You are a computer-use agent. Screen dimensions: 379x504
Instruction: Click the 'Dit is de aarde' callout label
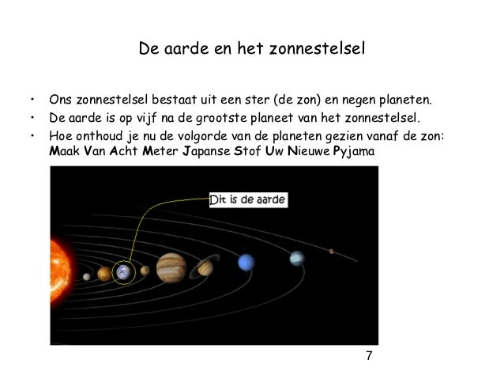[x=247, y=201]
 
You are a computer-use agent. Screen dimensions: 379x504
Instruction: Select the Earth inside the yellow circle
[x=124, y=273]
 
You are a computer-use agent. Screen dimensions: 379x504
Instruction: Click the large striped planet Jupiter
[x=170, y=267]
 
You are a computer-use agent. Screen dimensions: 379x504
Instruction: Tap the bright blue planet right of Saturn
[x=247, y=261]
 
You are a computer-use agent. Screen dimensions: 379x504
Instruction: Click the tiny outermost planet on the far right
[x=332, y=253]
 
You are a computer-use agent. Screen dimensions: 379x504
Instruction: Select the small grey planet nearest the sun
[x=86, y=276]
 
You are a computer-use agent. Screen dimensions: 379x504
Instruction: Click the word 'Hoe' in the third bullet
[x=60, y=135]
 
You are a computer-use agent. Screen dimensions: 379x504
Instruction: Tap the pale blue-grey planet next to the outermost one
[x=296, y=258]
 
